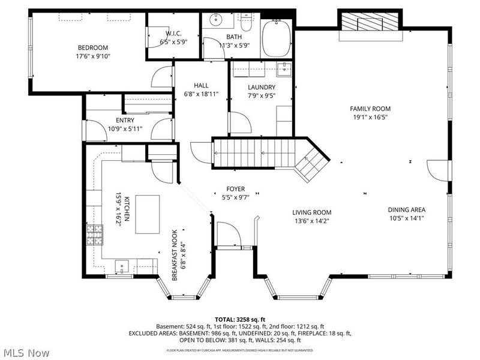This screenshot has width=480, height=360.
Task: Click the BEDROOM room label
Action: pos(92,48)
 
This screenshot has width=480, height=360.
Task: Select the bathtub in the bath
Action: pos(277,39)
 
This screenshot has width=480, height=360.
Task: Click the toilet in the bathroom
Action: pos(246,22)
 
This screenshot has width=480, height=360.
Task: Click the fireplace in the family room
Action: pos(370,23)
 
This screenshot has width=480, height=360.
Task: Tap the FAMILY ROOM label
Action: pos(370,109)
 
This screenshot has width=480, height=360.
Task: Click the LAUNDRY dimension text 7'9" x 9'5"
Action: pos(262,95)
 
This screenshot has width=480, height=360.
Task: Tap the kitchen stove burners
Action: pos(95,235)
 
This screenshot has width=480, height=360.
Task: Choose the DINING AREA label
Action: pos(406,210)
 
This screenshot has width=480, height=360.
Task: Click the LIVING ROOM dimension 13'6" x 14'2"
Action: pos(311,221)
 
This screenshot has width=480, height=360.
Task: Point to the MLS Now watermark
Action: pos(26,353)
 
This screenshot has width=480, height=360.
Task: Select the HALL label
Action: pos(201,85)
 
